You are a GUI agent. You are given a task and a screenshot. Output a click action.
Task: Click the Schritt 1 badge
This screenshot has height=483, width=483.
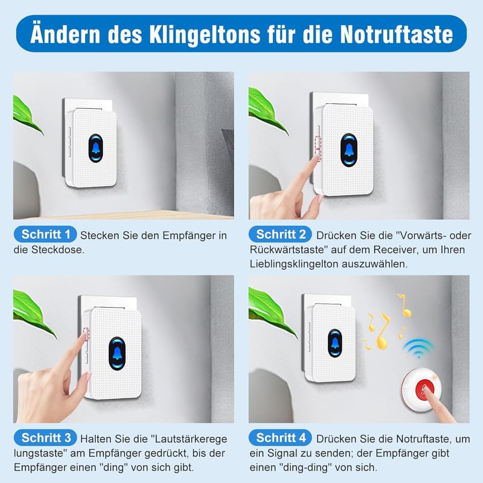tap(45, 235)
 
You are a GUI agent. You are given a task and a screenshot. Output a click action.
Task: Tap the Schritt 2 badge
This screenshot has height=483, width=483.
tap(280, 235)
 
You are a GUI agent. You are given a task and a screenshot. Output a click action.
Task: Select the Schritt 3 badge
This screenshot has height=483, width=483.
tap(45, 438)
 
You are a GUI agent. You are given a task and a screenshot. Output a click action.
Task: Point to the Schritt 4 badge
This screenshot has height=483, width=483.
tap(280, 438)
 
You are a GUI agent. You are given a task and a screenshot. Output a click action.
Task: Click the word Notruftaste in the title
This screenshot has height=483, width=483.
tap(397, 34)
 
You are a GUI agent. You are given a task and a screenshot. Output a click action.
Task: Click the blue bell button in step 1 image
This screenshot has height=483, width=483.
tap(95, 148)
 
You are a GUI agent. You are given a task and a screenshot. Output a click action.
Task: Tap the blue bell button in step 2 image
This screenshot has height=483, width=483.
tap(349, 150)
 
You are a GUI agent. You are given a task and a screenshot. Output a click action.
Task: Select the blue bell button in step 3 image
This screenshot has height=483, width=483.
tap(117, 354)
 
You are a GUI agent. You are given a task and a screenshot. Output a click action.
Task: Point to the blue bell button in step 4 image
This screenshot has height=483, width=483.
tap(334, 344)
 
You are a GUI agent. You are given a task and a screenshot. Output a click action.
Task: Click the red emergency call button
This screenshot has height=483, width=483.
tap(425, 389)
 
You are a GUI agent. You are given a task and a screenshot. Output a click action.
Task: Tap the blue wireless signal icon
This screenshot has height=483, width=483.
tap(418, 348)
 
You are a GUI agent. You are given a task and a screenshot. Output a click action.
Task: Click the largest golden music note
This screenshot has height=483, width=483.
tap(383, 331)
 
